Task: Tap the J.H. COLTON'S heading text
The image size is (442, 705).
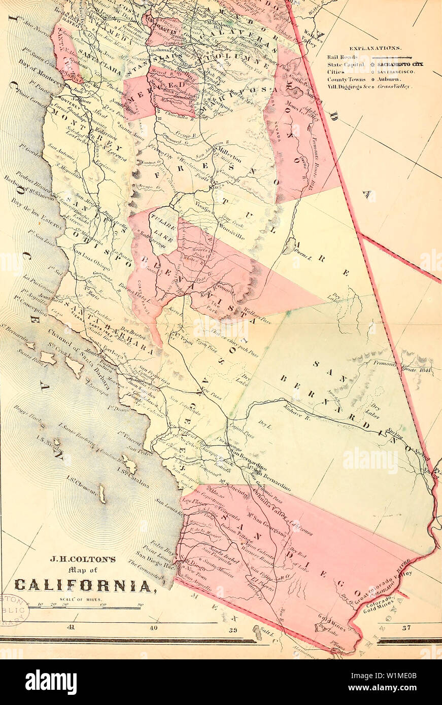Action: pyautogui.click(x=83, y=559)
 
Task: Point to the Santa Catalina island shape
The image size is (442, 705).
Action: pyautogui.click(x=128, y=464)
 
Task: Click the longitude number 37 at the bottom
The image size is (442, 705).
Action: pyautogui.click(x=406, y=628)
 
